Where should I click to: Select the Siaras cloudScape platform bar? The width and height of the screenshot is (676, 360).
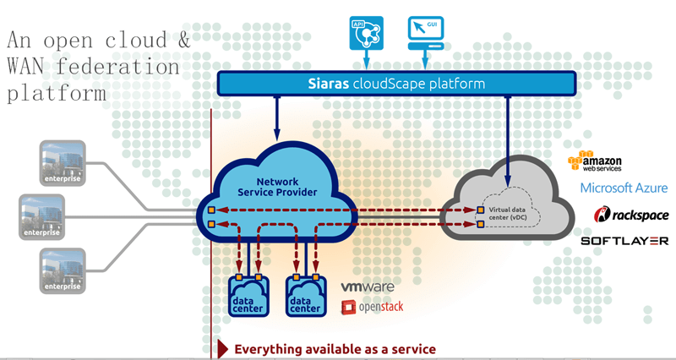(x=396, y=83)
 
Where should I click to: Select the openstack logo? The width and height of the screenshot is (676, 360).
(x=373, y=307)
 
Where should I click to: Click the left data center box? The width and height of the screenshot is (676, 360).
(x=251, y=296)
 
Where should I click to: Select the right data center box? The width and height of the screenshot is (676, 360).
(x=306, y=296)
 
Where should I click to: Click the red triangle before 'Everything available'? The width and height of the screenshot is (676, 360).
(x=223, y=348)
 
